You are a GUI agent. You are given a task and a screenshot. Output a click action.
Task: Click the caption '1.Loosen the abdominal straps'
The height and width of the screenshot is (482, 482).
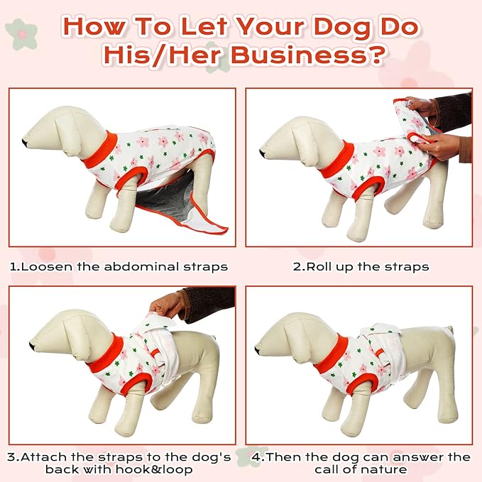tap(119, 267)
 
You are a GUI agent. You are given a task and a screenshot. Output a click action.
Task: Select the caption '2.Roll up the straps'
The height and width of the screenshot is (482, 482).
tap(361, 267)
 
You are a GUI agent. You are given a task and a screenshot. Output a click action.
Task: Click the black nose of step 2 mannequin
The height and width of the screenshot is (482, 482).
tap(263, 152)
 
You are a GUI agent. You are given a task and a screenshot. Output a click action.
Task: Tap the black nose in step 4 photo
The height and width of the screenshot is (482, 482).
tap(258, 349)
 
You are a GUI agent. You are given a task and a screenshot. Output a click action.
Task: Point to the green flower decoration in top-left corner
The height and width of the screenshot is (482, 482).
tap(21, 34)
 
